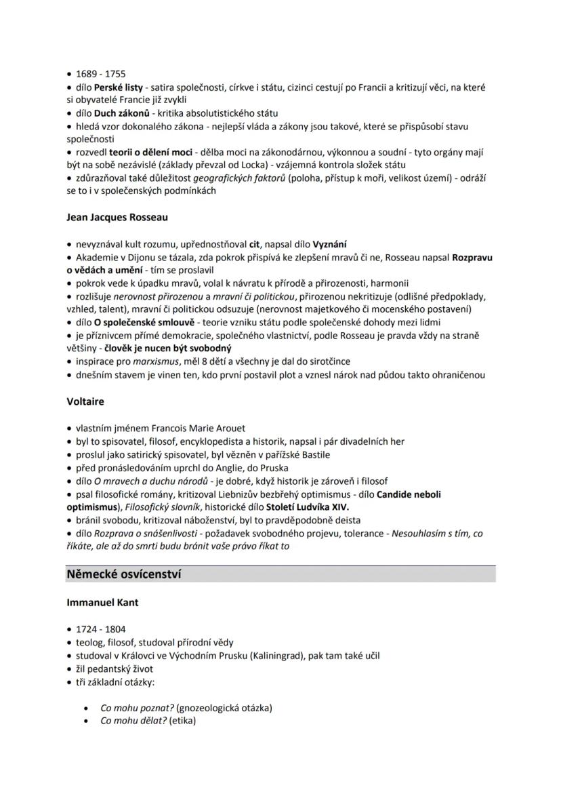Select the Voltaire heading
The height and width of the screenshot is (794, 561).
[85, 401]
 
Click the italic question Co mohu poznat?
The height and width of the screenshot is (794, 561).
[127, 708]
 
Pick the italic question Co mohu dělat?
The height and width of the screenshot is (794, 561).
[125, 721]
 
